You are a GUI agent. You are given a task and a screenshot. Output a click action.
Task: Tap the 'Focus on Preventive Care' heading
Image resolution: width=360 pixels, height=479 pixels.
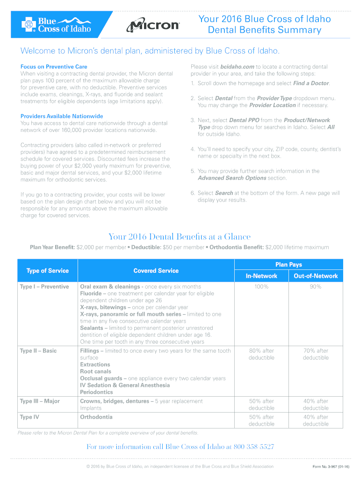click(x=54, y=67)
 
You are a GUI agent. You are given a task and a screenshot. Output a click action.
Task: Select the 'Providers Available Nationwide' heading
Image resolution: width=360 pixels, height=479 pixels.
click(x=62, y=116)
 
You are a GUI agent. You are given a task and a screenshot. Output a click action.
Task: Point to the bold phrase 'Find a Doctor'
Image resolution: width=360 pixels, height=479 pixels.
click(x=311, y=83)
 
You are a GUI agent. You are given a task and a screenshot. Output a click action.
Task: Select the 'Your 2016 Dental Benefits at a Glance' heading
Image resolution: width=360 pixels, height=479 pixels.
click(x=180, y=237)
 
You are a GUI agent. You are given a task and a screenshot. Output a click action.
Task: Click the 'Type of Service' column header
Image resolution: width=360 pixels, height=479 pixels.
click(x=47, y=271)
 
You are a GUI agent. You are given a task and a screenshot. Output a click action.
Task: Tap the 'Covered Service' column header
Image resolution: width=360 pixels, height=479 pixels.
click(x=156, y=271)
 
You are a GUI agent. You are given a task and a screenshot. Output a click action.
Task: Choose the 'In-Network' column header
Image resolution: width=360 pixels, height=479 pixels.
click(x=261, y=276)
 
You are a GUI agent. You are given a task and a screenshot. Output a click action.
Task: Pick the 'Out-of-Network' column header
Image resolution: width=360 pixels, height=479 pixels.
click(x=316, y=276)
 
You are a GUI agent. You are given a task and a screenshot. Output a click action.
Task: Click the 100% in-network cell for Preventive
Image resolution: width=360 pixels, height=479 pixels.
click(x=261, y=287)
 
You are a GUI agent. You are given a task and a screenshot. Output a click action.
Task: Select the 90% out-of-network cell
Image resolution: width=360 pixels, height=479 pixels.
click(x=316, y=287)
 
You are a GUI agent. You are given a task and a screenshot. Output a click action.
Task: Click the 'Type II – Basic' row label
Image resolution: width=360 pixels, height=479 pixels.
click(x=38, y=351)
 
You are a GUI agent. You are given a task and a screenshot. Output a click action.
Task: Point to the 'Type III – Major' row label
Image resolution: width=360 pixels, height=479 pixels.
click(x=40, y=401)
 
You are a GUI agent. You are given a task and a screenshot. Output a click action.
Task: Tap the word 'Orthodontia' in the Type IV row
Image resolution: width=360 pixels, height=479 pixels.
click(x=96, y=417)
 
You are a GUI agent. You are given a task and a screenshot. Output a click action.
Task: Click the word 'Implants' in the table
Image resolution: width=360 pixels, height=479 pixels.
click(x=91, y=408)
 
